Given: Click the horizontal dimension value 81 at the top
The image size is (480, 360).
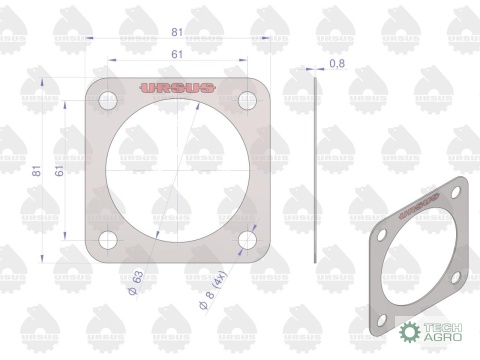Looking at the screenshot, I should click(x=176, y=33).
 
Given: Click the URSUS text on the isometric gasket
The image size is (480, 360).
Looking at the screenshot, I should click(x=418, y=205).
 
